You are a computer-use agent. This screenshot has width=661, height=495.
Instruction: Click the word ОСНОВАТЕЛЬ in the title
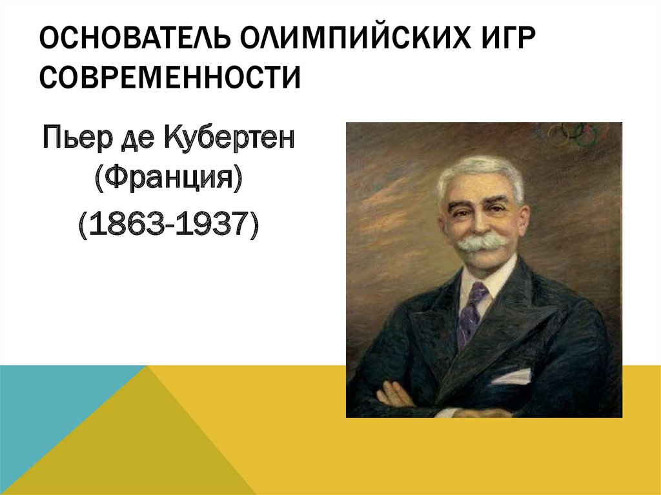[x=135, y=37]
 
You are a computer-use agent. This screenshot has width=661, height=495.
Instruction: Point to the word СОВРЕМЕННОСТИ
[x=170, y=77]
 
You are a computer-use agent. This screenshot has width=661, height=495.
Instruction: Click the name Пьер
[x=78, y=138]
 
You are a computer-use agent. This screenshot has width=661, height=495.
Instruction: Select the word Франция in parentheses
[x=168, y=179]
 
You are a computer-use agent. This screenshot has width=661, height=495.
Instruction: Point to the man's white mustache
[x=483, y=243]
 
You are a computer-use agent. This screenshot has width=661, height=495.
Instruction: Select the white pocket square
[x=512, y=376]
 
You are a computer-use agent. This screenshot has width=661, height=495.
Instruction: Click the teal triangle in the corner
[x=46, y=405]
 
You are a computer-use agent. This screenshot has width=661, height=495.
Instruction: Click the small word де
[x=137, y=140]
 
